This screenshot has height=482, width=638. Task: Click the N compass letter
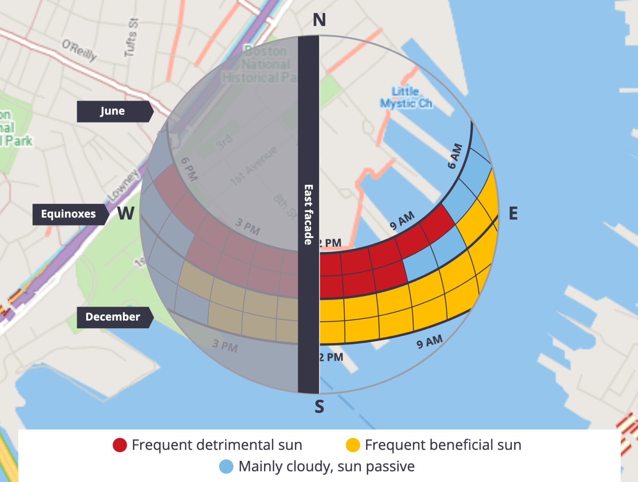tap(319, 20)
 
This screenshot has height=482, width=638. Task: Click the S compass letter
tap(319, 406)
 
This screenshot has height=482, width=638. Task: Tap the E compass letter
tap(513, 213)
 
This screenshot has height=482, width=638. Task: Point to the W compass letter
tap(126, 213)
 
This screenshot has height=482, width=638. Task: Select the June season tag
tap(113, 111)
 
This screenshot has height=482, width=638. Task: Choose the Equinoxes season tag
tap(69, 214)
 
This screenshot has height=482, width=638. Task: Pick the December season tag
tap(113, 317)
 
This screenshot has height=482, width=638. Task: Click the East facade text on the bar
tap(308, 215)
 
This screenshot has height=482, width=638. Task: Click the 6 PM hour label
tap(189, 169)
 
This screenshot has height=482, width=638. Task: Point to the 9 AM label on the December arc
tap(429, 342)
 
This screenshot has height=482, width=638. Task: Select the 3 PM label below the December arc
tap(225, 345)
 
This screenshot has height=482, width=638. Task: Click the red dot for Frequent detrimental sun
tap(120, 445)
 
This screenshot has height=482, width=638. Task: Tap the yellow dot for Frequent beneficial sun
tap(353, 445)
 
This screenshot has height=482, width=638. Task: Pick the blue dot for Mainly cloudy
tap(226, 467)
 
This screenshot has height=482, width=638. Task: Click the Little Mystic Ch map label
tap(406, 98)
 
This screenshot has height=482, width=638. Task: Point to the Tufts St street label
tap(131, 37)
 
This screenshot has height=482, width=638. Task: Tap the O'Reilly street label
tap(80, 50)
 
